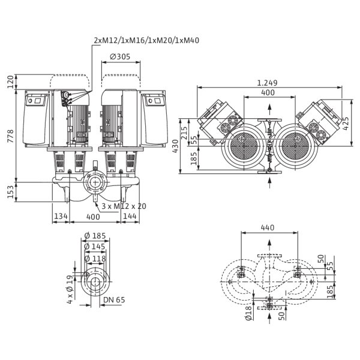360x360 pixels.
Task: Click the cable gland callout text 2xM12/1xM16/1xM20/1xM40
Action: pos(146,40)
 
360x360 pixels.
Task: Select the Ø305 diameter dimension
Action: pos(120,56)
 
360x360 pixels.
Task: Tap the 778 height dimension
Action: pos(11,136)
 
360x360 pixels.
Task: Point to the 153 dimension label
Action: pos(11,192)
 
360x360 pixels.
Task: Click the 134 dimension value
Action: pos(61,216)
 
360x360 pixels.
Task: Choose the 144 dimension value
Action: pos(130,216)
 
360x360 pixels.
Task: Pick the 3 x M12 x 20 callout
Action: pos(124,206)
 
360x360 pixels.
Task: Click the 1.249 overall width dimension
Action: pos(267,83)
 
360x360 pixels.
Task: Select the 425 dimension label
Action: pos(346,124)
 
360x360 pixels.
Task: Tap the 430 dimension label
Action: pos(175,146)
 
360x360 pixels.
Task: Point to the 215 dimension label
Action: pos(185,133)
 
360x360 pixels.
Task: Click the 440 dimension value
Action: pos(268,227)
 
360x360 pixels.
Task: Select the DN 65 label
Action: pos(114,300)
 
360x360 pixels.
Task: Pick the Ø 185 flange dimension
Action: pos(95,236)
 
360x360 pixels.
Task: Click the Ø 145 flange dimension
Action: pos(94,247)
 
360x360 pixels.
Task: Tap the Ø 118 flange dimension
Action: pos(95,259)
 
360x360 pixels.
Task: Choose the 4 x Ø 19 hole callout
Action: pos(70,289)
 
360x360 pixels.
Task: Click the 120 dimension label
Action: pos(11,82)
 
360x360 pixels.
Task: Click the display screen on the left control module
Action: pos(38,100)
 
